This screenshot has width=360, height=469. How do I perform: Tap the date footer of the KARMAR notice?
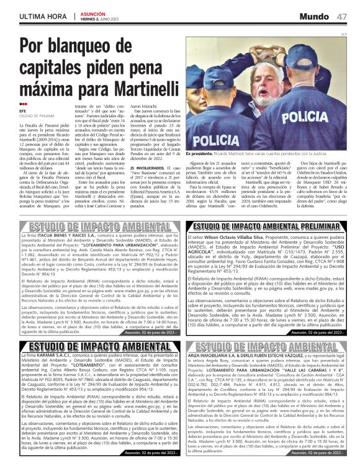point(152,453)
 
